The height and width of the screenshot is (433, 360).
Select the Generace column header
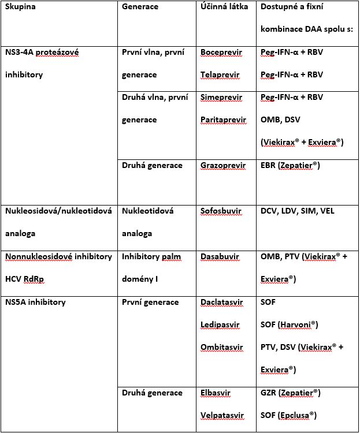(x=141, y=6)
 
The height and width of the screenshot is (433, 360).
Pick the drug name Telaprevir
(x=220, y=75)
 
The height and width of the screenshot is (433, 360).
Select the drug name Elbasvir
(x=216, y=393)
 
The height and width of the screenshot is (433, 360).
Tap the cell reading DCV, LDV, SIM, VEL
(x=298, y=211)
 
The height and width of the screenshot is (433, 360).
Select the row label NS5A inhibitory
(x=35, y=302)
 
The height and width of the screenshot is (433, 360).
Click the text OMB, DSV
(x=281, y=120)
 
